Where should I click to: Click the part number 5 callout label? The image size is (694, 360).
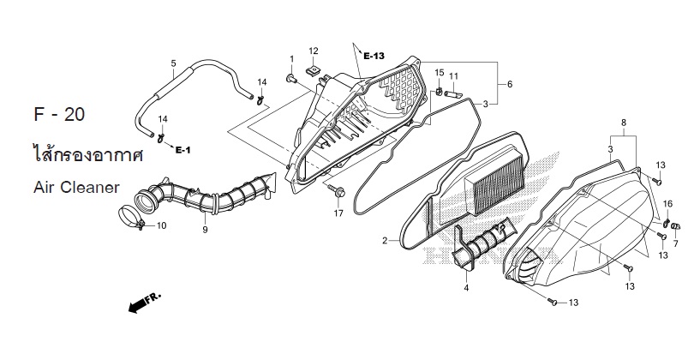[173, 63]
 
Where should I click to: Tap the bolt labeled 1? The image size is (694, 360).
[290, 79]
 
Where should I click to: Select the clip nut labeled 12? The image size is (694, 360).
[314, 69]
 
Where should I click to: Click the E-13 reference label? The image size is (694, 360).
[374, 56]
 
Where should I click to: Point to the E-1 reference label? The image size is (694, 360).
[182, 150]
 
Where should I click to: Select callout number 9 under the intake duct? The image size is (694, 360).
[205, 230]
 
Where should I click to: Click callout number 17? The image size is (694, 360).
[338, 213]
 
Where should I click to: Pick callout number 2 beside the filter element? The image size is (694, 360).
[385, 241]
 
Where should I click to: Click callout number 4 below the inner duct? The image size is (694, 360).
[466, 288]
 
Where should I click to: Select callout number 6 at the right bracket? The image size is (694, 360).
[510, 84]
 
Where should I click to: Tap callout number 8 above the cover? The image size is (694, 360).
[624, 123]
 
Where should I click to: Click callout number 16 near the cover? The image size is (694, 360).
[667, 204]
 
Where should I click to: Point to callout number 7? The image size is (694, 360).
[675, 244]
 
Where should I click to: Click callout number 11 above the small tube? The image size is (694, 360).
[453, 76]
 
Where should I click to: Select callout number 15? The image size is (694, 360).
[439, 72]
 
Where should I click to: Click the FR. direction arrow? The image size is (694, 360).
[145, 303]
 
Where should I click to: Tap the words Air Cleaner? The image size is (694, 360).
[76, 188]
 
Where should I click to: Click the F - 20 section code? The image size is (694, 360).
[59, 115]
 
